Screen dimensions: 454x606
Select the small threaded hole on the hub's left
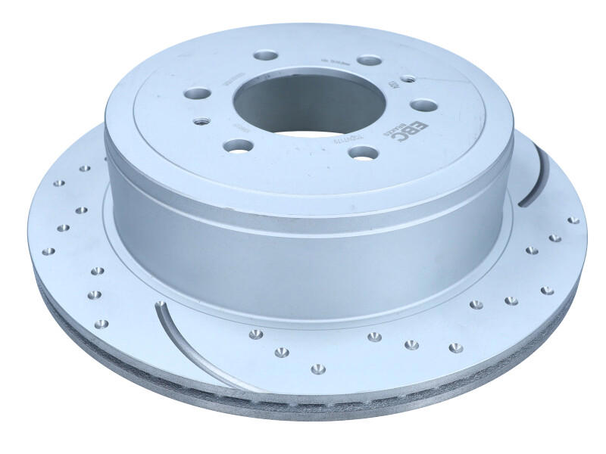pyautogui.click(x=201, y=120)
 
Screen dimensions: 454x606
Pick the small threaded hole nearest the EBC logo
pyautogui.click(x=408, y=79)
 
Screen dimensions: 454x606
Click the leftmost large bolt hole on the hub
pyautogui.click(x=198, y=94)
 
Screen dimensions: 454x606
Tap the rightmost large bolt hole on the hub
pyautogui.click(x=423, y=105)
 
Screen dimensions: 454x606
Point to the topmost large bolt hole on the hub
pyautogui.click(x=265, y=55)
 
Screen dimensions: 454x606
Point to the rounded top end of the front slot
pyautogui.click(x=160, y=306)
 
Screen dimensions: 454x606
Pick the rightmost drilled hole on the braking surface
pyautogui.click(x=573, y=220)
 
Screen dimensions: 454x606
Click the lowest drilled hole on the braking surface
pyautogui.click(x=318, y=368)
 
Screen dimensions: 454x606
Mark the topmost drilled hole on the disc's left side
pyautogui.click(x=85, y=168)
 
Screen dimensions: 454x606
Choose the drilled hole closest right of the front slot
pyautogui.click(x=255, y=334)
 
